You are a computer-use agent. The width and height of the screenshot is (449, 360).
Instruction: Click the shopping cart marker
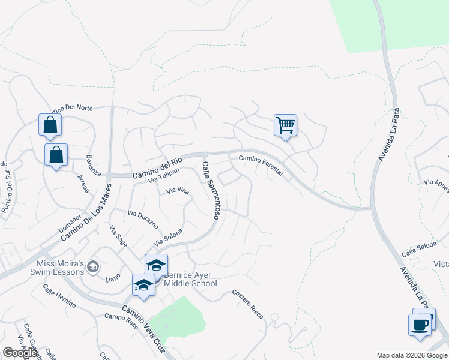[x=286, y=126]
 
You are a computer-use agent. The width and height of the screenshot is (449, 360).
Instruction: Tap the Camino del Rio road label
[x=157, y=167]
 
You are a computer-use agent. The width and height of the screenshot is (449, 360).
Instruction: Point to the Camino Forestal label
[x=261, y=164]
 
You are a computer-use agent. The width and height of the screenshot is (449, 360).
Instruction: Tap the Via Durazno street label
[x=142, y=219]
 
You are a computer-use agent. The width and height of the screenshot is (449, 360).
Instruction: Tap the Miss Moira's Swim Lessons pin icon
[x=92, y=266]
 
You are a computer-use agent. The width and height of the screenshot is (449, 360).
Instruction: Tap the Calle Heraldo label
[x=59, y=296]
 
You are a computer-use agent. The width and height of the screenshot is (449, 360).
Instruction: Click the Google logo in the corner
[x=20, y=353]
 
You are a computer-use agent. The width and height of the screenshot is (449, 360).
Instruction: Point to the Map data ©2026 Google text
[x=411, y=355]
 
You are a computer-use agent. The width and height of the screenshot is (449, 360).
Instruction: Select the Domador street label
[x=69, y=224]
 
